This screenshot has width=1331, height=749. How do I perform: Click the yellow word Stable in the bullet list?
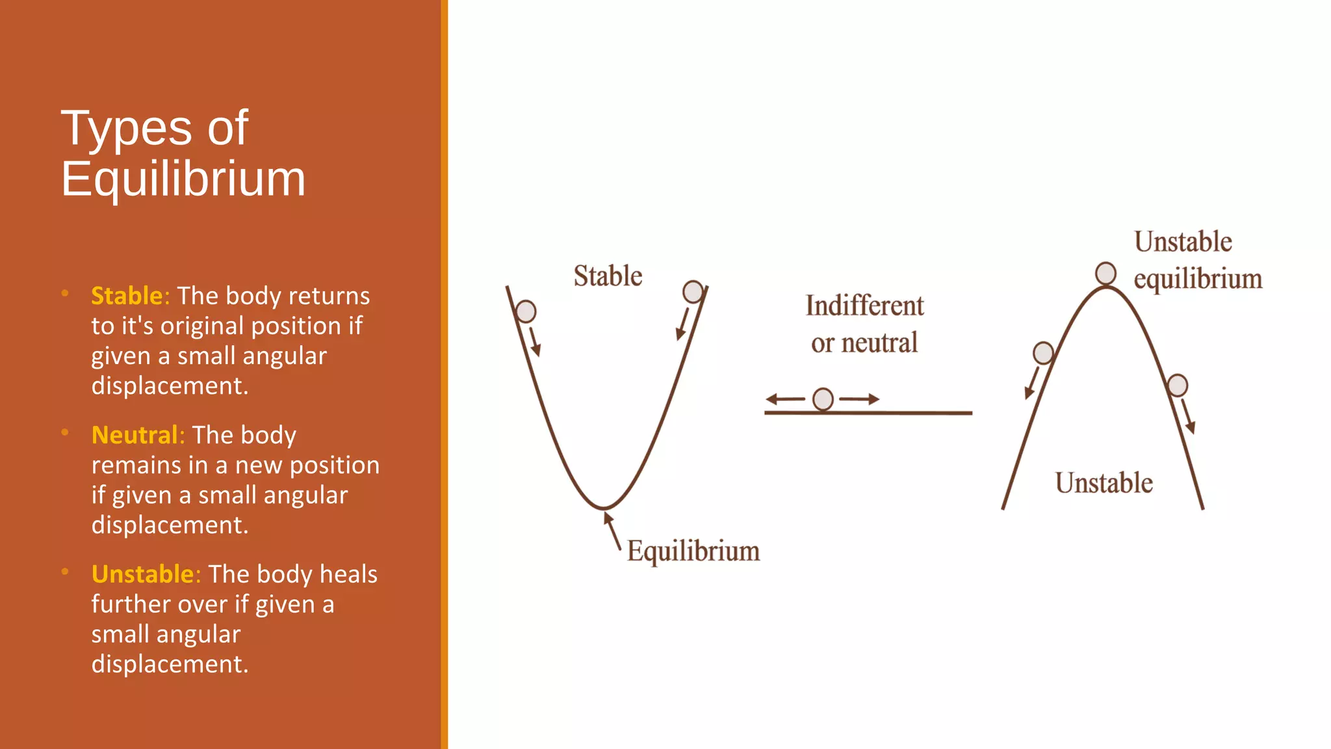pyautogui.click(x=127, y=296)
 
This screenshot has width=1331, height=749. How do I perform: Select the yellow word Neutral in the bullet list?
pyautogui.click(x=135, y=435)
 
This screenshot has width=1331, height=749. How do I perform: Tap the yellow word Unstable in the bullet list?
pyautogui.click(x=142, y=574)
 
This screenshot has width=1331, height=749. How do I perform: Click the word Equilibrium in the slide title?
pyautogui.click(x=183, y=179)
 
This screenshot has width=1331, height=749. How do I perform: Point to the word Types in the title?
pyautogui.click(x=127, y=128)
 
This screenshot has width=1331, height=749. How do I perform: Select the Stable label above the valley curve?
pyautogui.click(x=608, y=276)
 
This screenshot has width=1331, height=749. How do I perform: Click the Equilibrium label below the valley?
pyautogui.click(x=693, y=551)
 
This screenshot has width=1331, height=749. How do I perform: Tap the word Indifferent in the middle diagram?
pyautogui.click(x=864, y=306)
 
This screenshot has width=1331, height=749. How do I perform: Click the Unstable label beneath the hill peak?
pyautogui.click(x=1104, y=483)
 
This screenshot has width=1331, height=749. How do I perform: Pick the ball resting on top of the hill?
pyautogui.click(x=1105, y=274)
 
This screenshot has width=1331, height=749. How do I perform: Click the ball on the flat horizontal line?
pyautogui.click(x=823, y=399)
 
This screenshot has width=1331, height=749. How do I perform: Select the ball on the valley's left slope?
pyautogui.click(x=526, y=311)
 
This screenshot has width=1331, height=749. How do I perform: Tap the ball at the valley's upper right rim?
pyautogui.click(x=693, y=291)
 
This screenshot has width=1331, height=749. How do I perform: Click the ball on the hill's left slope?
pyautogui.click(x=1043, y=353)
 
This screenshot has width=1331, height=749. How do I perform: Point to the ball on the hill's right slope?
pyautogui.click(x=1177, y=386)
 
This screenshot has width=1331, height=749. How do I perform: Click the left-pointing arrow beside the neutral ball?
pyautogui.click(x=785, y=399)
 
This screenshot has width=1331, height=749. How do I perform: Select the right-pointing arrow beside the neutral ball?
pyautogui.click(x=859, y=399)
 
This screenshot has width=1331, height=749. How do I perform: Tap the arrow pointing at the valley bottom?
pyautogui.click(x=612, y=529)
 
